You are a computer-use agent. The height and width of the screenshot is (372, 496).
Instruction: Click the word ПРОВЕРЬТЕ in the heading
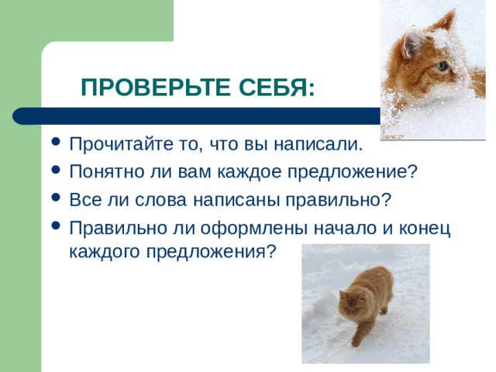[x=155, y=87]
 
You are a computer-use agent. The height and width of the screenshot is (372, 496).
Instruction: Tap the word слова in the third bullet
[x=160, y=200]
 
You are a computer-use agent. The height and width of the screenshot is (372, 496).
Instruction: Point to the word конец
[x=425, y=229]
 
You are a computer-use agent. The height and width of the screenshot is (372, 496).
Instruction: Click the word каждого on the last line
[x=105, y=252]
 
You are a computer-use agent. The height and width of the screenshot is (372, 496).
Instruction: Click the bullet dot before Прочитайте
[x=55, y=141]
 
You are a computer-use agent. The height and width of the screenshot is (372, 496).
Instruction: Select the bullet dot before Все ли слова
[x=55, y=197]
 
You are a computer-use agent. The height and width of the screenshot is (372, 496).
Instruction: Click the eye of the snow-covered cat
[x=442, y=66]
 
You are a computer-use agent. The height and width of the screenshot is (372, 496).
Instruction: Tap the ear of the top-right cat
[x=410, y=45]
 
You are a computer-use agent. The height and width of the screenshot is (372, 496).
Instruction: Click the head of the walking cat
[x=351, y=303]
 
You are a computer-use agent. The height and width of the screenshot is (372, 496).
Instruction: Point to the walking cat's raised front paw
[x=356, y=341]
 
